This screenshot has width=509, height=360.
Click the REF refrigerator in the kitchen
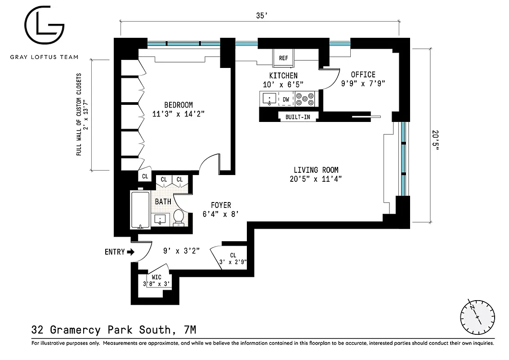[x=283, y=58]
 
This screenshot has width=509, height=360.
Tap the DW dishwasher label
[x=286, y=99]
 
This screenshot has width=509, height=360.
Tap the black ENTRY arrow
[x=131, y=252]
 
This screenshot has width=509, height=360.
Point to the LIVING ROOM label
[x=316, y=170]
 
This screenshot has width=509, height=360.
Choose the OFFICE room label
[x=363, y=74]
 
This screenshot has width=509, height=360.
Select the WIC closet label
[x=156, y=277]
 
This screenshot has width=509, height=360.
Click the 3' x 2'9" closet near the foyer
[x=232, y=258]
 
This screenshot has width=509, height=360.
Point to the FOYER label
[x=221, y=205]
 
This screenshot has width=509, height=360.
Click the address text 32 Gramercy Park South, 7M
[x=114, y=330]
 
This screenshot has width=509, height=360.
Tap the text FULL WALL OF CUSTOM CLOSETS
[x=79, y=114]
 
